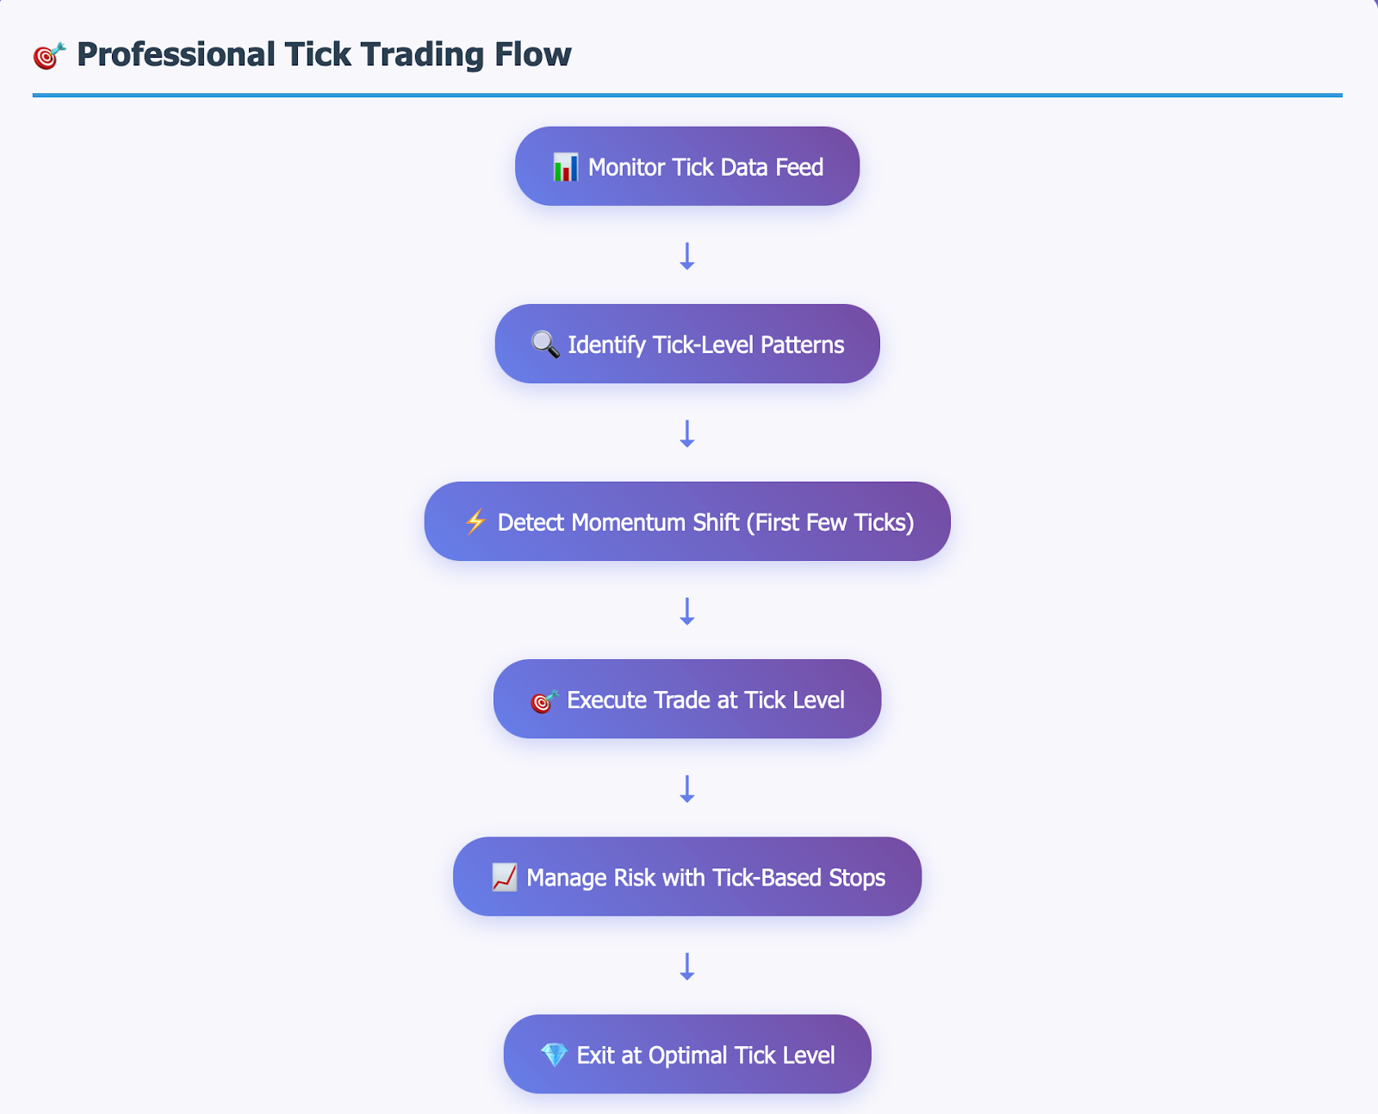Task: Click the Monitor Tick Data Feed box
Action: tap(687, 166)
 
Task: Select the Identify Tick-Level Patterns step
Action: tap(687, 344)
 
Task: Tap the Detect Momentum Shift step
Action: tap(687, 521)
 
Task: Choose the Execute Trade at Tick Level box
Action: tap(687, 699)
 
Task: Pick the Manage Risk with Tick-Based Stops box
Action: tap(687, 876)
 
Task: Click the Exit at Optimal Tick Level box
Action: tap(687, 1054)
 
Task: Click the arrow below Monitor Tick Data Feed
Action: tap(687, 256)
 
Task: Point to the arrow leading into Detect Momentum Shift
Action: tap(687, 433)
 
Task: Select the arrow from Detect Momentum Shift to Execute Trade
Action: tap(687, 611)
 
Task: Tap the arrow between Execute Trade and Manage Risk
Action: tap(687, 788)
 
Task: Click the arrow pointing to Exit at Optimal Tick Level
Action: tap(687, 967)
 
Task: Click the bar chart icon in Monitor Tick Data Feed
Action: tap(566, 167)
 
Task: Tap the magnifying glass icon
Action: tap(545, 345)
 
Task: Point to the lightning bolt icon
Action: tap(475, 522)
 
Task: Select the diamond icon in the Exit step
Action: tap(554, 1055)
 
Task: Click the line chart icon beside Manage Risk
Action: tap(504, 878)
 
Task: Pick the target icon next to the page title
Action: tap(49, 56)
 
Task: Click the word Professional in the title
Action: tap(176, 54)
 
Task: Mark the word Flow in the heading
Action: tap(533, 53)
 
